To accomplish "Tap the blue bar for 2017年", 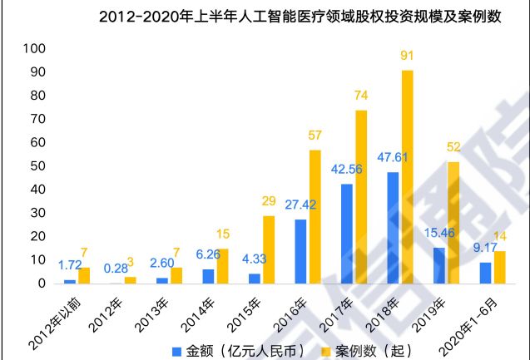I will [346, 234].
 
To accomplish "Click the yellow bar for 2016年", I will [315, 216].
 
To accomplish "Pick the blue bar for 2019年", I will [439, 265].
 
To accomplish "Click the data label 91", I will [407, 57].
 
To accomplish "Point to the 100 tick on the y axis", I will [28, 49].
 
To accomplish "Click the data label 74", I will [360, 96].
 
